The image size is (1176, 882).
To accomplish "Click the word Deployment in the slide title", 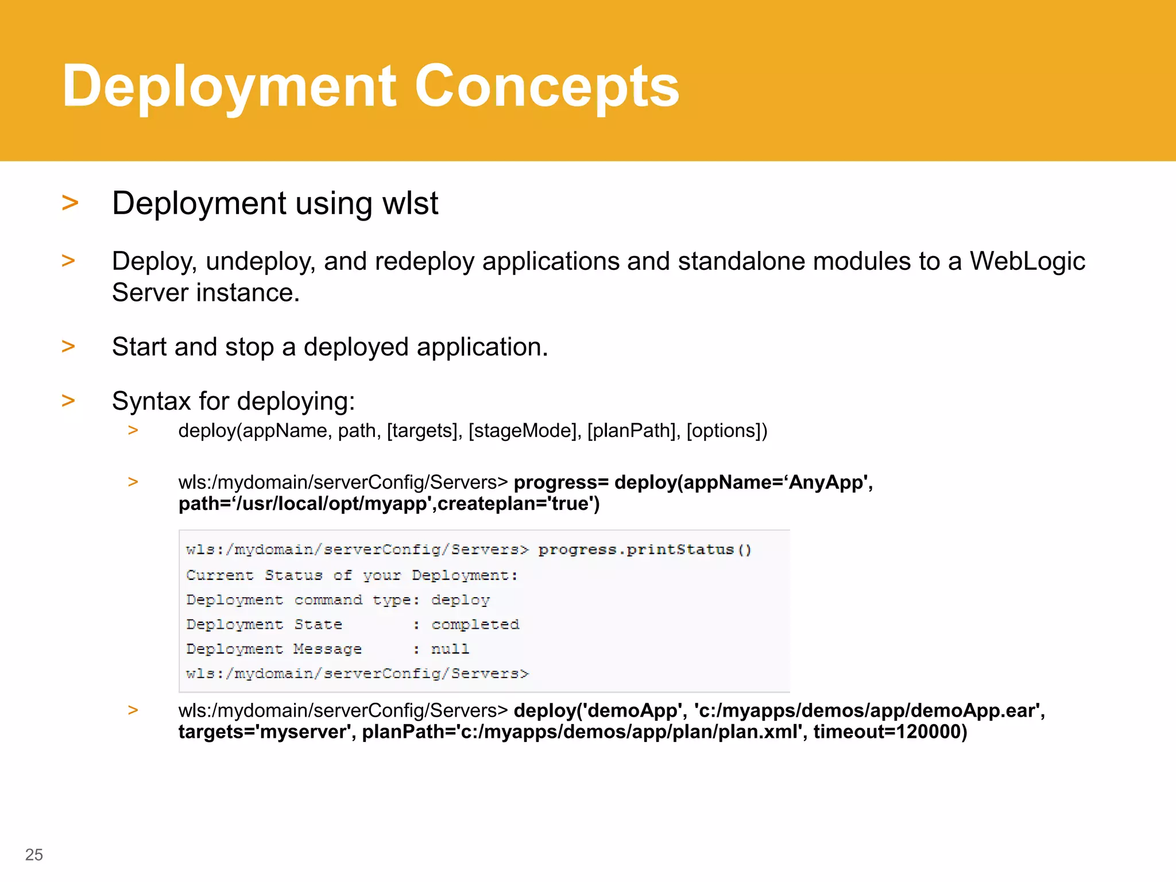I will click(x=229, y=87).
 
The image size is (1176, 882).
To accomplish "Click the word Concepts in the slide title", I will click(x=546, y=87).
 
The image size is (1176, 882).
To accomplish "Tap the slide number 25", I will click(x=34, y=854).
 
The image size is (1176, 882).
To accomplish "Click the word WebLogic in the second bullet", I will click(x=1027, y=261).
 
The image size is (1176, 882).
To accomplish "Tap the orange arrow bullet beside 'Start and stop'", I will click(x=68, y=346).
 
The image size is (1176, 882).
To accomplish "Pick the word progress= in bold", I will click(x=561, y=482).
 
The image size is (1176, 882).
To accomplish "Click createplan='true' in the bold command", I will click(x=518, y=504).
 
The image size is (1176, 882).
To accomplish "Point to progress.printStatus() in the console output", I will click(x=644, y=550).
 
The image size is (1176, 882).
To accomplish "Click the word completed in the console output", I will click(x=475, y=624).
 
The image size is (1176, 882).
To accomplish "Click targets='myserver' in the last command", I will click(x=266, y=732).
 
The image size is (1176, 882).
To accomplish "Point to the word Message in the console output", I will click(x=327, y=649).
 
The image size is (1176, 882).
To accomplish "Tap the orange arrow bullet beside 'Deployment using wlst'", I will click(x=69, y=203).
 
